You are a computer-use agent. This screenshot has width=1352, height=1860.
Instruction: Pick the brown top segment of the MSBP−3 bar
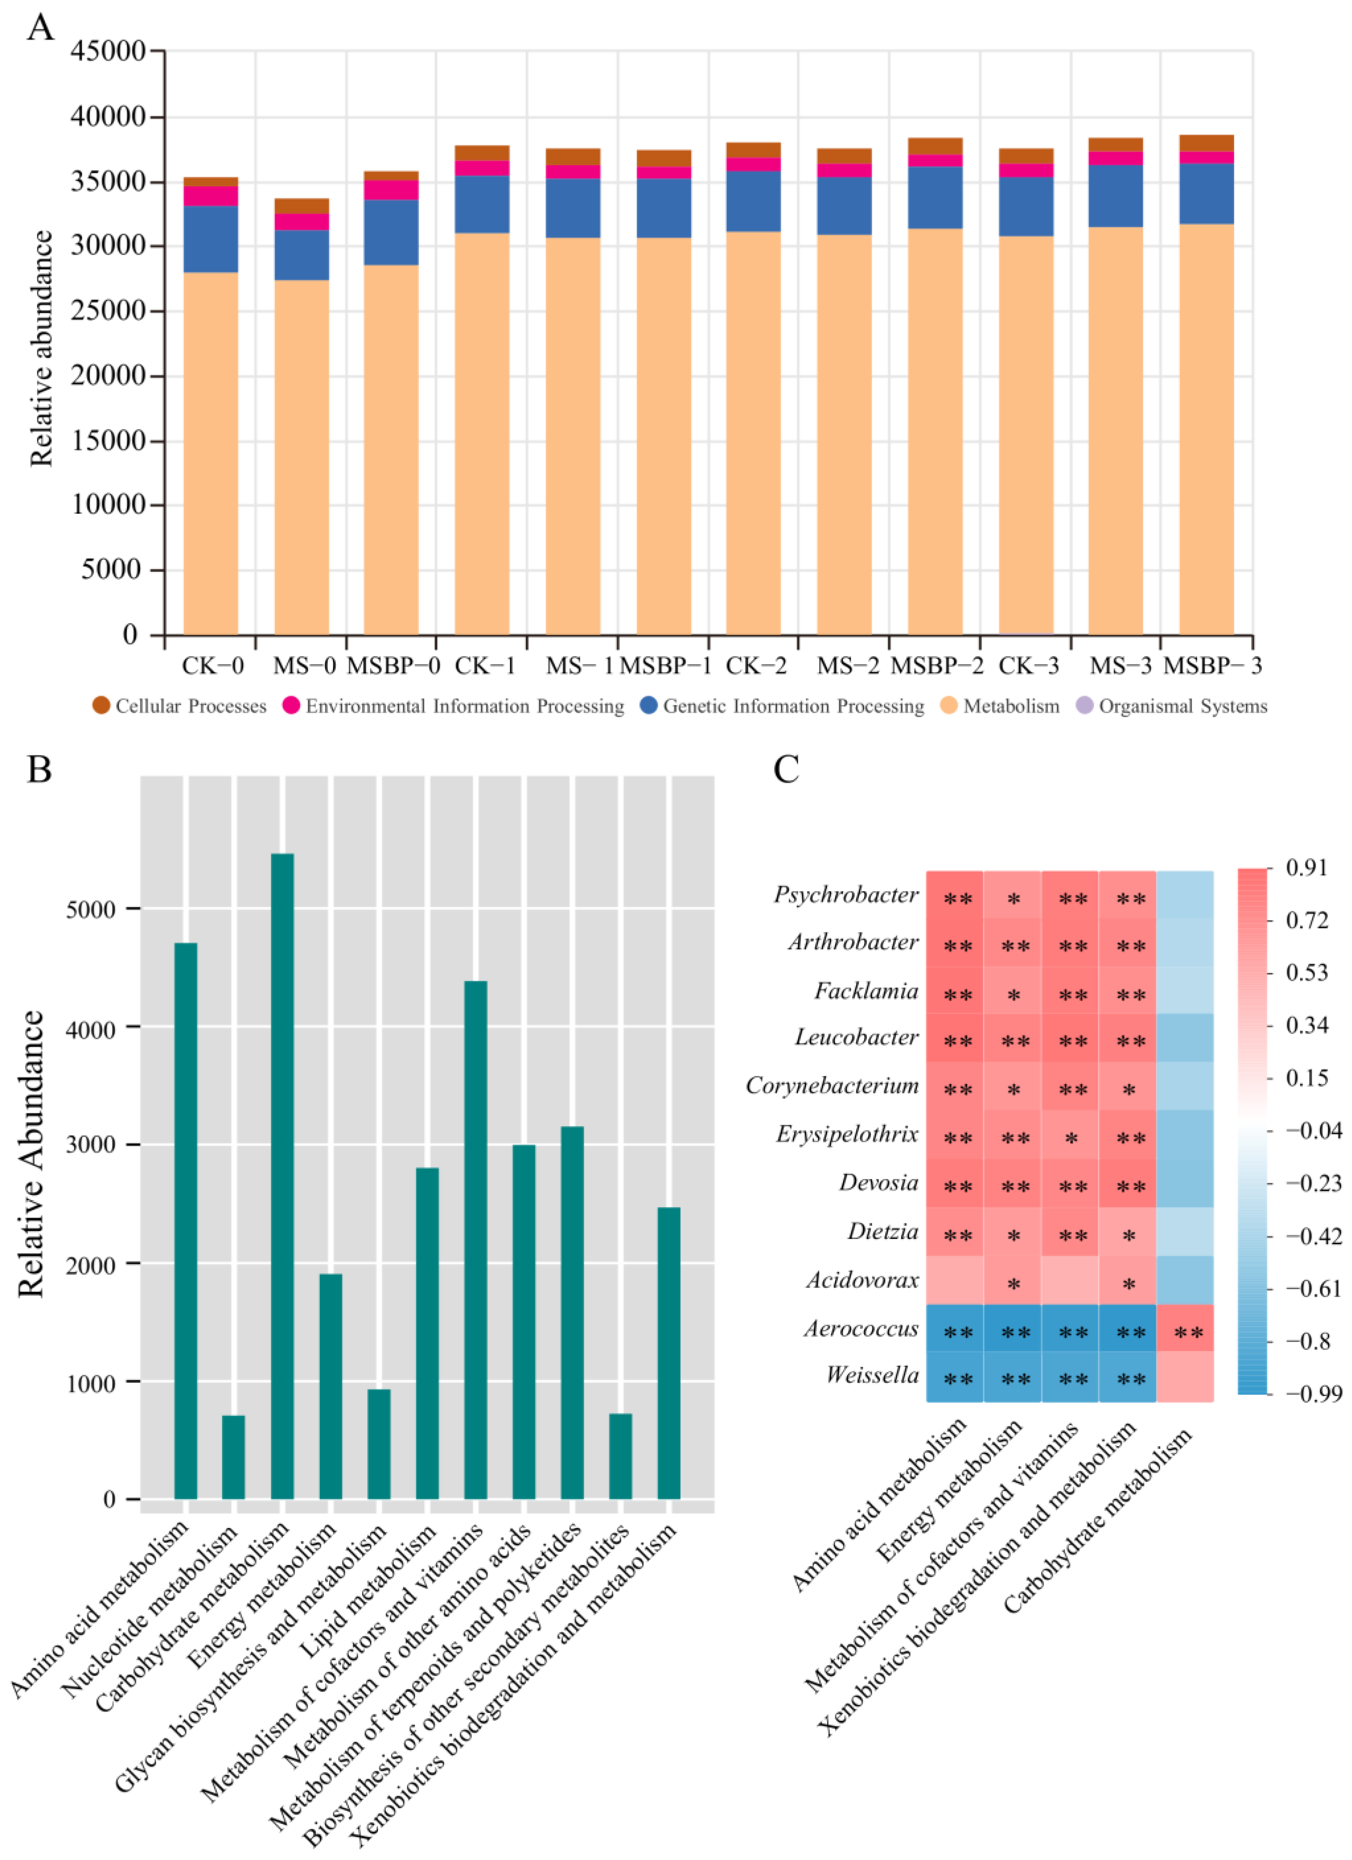click(x=1206, y=143)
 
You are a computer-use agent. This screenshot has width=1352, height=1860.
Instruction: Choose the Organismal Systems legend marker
click(x=1085, y=705)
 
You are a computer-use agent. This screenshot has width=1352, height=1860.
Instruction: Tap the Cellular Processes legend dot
click(x=101, y=705)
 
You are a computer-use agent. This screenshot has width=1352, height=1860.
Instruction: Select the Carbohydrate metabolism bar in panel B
click(x=282, y=1177)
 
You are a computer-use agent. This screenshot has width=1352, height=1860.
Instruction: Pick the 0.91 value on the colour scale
click(x=1306, y=868)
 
